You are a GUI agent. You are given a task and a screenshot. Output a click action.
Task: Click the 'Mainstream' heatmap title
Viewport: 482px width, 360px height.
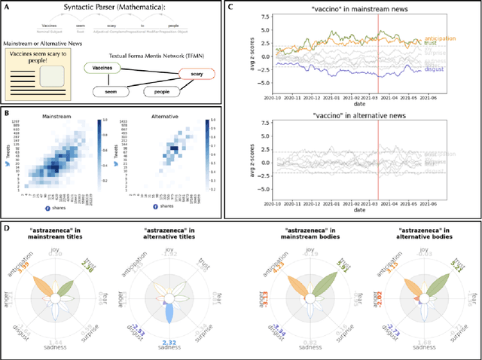[63, 117]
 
